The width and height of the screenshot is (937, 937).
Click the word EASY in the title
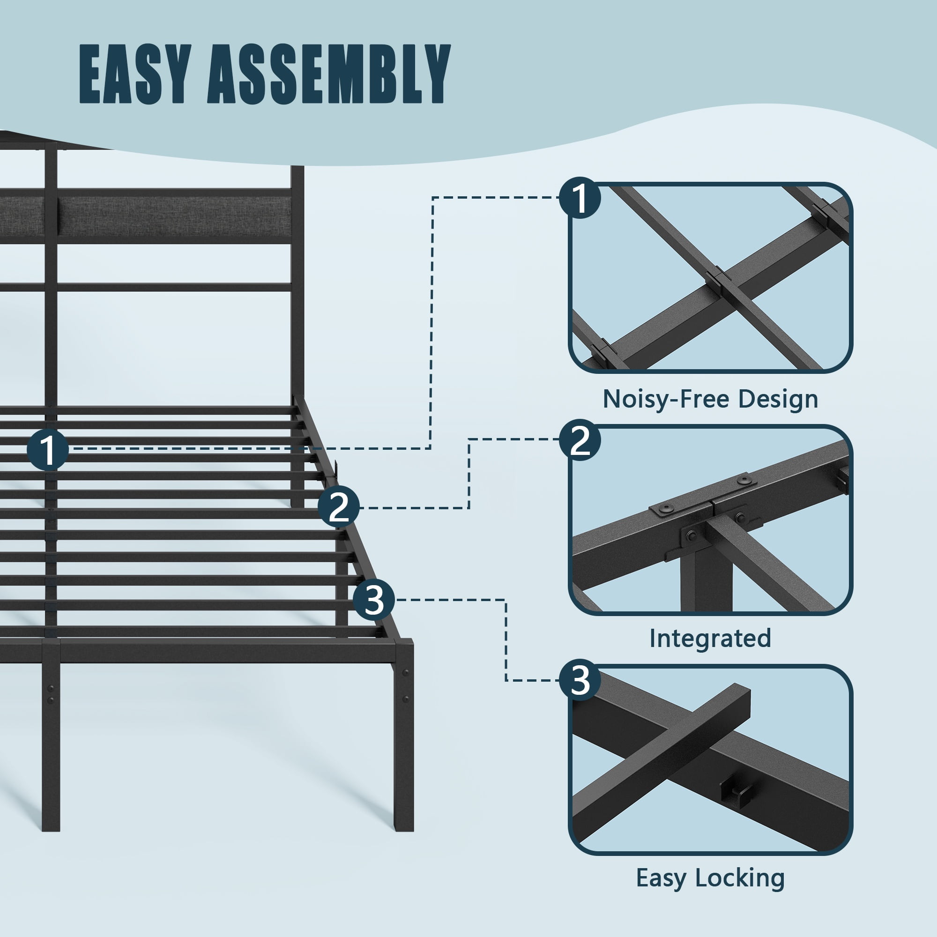[x=133, y=74]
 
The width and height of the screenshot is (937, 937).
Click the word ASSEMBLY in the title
[x=329, y=74]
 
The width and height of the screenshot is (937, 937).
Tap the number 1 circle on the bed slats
[x=47, y=450]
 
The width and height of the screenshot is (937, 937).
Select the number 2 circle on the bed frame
[x=339, y=507]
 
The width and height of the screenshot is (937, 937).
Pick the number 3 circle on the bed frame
[x=373, y=600]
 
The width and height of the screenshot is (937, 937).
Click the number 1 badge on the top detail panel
[x=580, y=197]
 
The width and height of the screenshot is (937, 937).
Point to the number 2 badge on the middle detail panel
[x=580, y=440]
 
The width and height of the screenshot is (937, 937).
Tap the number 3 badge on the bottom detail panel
[x=580, y=680]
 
